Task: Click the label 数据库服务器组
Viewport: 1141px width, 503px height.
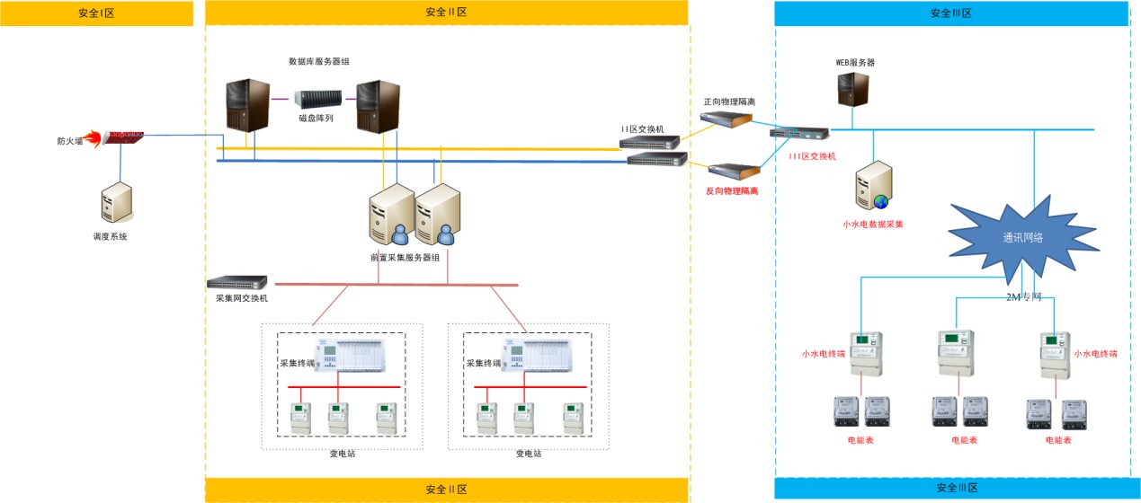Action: click(x=318, y=61)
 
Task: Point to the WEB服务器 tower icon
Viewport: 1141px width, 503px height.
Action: click(x=853, y=90)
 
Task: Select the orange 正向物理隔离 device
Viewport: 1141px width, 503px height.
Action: click(x=729, y=119)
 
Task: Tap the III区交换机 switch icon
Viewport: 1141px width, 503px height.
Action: click(x=799, y=133)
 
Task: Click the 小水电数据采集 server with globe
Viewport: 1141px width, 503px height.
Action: click(x=873, y=185)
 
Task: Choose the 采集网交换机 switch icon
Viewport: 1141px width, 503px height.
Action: click(x=237, y=282)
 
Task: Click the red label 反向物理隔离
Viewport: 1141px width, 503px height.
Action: click(x=732, y=190)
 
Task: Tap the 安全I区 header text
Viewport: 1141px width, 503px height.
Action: click(x=97, y=13)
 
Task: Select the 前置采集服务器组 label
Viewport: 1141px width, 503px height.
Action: click(x=405, y=257)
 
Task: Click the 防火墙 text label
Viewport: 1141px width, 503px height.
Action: click(x=69, y=141)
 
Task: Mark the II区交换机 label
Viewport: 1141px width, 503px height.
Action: click(x=642, y=129)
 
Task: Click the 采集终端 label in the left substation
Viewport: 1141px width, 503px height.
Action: click(x=297, y=364)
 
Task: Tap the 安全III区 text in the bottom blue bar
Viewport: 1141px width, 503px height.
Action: click(x=957, y=488)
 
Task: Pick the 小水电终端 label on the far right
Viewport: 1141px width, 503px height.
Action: click(x=1095, y=354)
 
